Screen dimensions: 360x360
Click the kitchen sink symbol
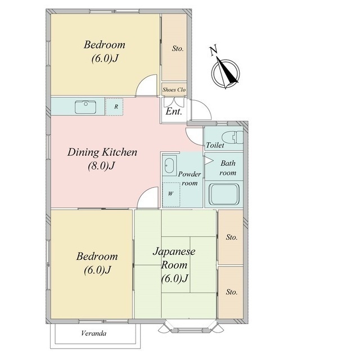tap(85, 107)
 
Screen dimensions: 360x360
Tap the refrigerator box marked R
tap(114, 107)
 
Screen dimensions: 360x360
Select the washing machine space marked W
tap(171, 195)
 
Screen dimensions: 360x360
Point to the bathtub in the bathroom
tap(224, 194)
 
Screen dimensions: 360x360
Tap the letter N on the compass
tap(213, 51)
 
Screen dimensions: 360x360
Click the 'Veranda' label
tap(94, 334)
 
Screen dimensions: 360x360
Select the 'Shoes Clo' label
tap(174, 89)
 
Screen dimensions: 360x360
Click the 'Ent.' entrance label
tap(174, 112)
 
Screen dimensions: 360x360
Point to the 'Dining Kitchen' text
tap(102, 152)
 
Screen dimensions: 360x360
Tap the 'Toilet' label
tap(215, 145)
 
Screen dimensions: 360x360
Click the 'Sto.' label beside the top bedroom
tap(178, 49)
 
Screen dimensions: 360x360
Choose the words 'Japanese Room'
tap(174, 258)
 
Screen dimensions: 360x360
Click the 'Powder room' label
tap(190, 178)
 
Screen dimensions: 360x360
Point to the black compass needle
tap(227, 71)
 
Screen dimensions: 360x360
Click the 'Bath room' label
tap(228, 168)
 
